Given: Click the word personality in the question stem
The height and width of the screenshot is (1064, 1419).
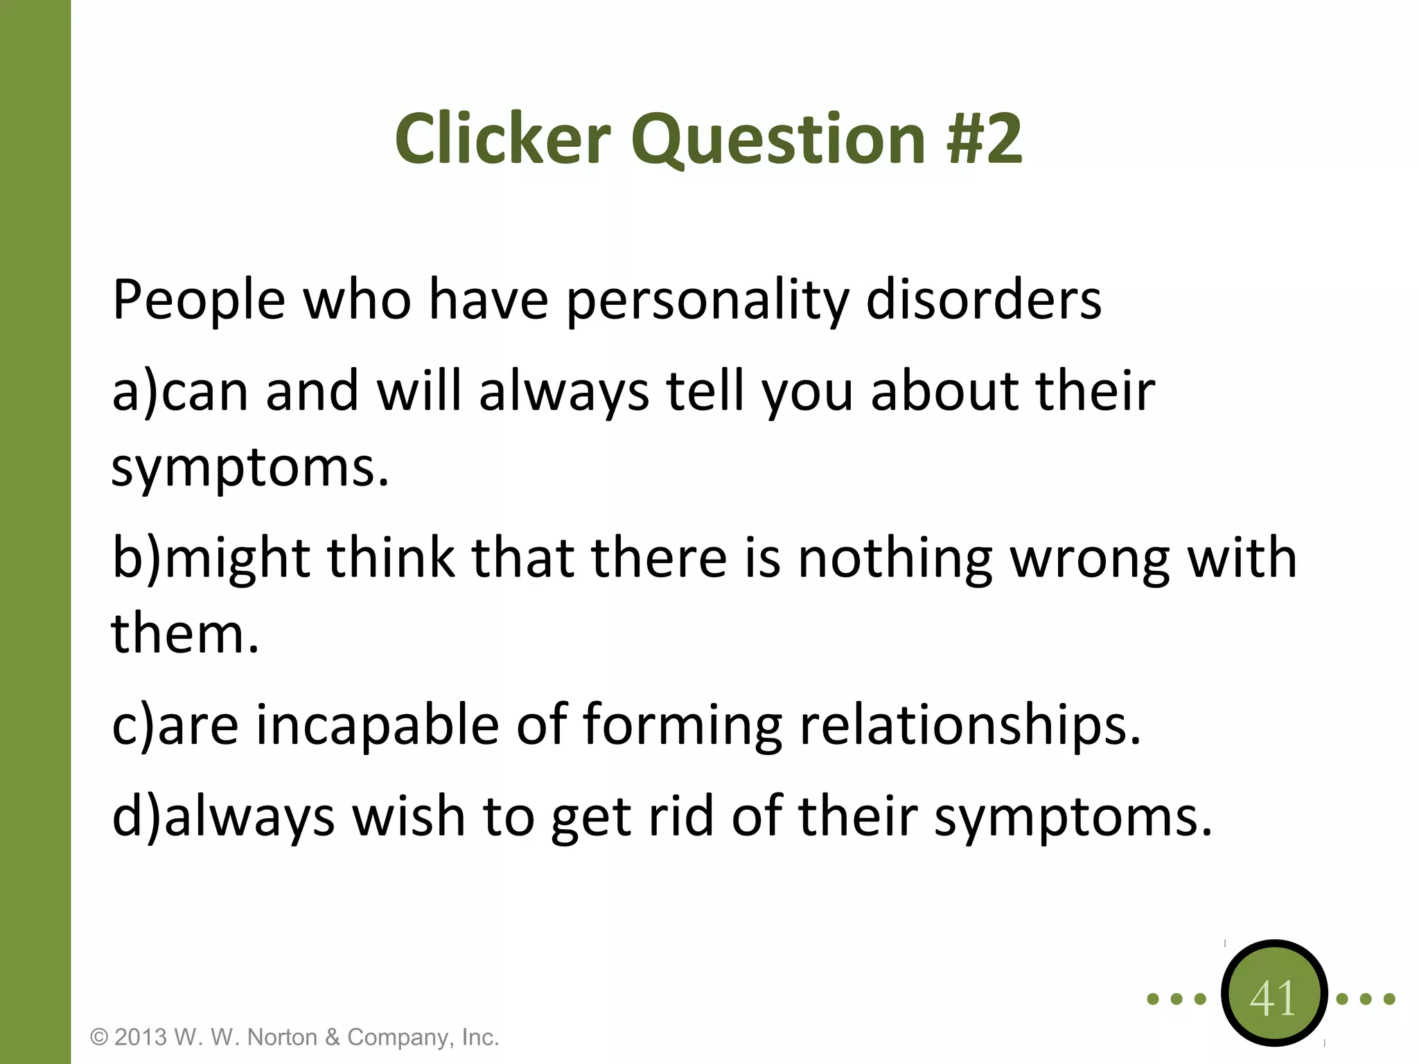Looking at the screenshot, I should point(707,302).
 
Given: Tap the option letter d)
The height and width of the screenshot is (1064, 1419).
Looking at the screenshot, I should point(136,817).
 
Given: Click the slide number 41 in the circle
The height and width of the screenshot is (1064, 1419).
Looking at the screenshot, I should point(1273,999).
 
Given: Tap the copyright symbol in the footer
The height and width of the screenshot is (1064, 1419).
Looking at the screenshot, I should point(100,1038).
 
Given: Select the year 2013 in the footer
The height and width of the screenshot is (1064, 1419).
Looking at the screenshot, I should point(141,1038).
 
